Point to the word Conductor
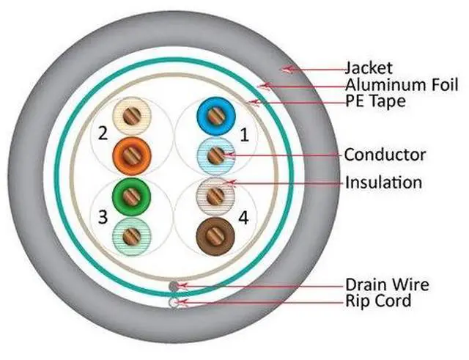385,155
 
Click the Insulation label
383,182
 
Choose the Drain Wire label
387,284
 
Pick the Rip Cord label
377,301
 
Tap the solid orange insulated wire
132,153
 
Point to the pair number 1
244,135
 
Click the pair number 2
103,135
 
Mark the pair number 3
103,217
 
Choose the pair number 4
244,217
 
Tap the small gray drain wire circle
173,286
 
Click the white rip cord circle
173,301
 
